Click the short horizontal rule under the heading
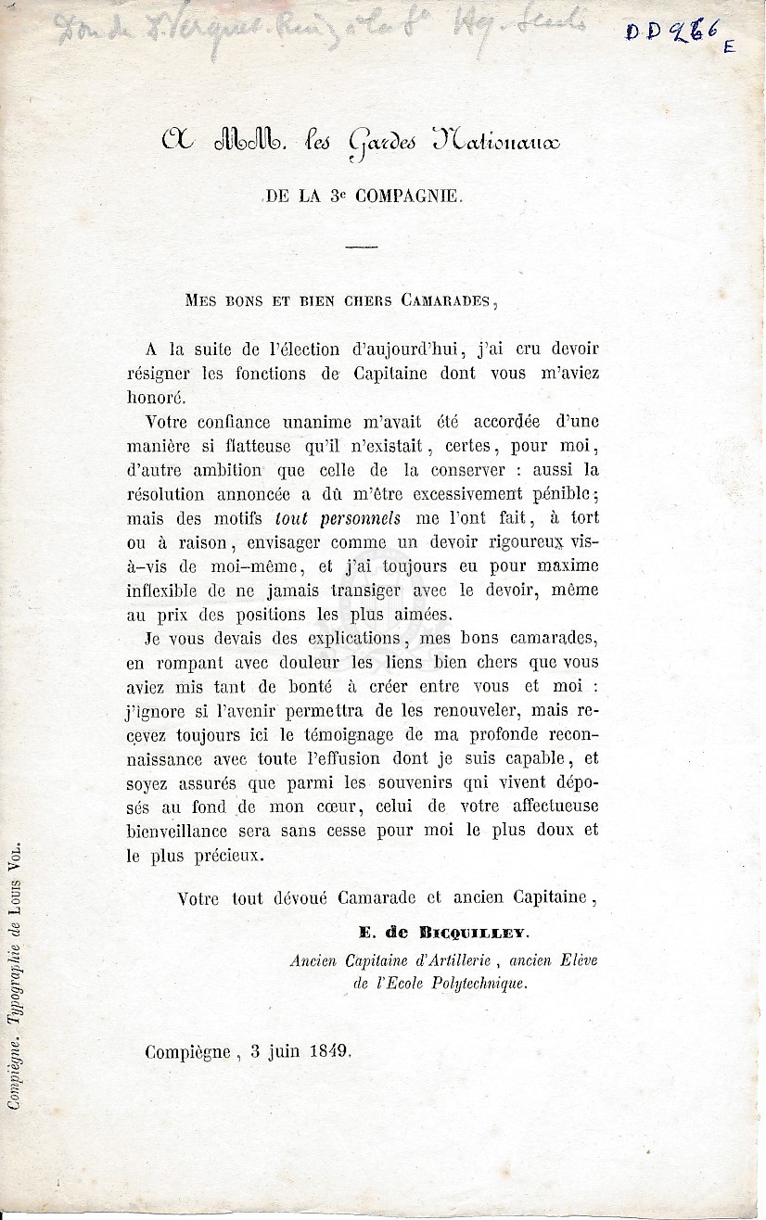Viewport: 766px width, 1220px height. (x=361, y=246)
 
